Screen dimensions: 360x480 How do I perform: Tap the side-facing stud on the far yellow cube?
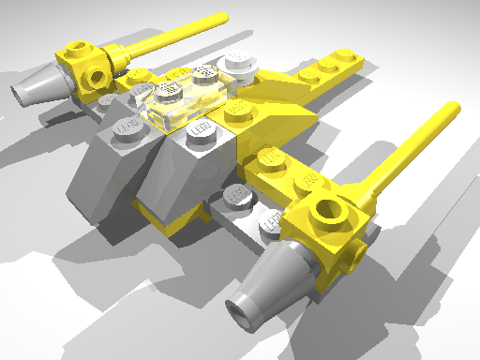[x=96, y=73]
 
